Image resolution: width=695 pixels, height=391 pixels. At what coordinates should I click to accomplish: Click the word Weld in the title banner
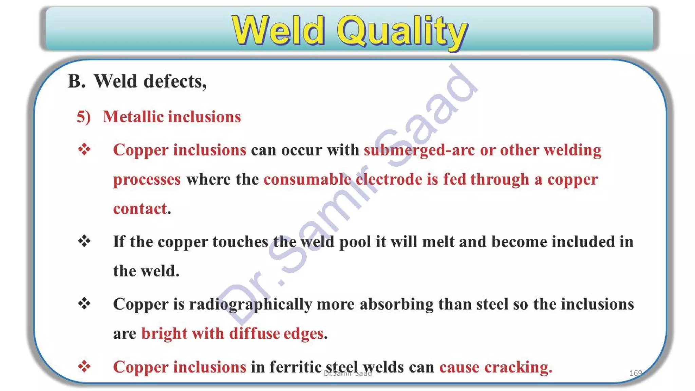[x=278, y=31]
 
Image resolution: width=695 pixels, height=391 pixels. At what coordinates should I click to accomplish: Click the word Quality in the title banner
[x=402, y=32]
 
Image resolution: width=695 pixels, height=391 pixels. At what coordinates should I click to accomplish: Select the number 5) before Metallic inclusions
[x=83, y=117]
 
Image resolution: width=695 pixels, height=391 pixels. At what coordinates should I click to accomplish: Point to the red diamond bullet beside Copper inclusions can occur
[x=84, y=149]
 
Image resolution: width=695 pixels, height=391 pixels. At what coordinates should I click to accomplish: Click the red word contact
[x=140, y=208]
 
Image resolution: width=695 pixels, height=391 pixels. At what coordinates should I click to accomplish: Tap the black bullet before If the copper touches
[x=84, y=241]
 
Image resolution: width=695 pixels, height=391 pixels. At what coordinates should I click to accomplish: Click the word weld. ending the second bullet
[x=160, y=271]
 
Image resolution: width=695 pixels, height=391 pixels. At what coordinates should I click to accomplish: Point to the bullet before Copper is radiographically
[x=84, y=303]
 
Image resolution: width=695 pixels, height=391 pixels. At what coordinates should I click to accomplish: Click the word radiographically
[x=250, y=304]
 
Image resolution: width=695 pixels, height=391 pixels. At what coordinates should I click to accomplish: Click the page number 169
[x=635, y=373]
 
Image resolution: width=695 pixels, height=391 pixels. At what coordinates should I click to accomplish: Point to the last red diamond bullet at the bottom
[x=84, y=366]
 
